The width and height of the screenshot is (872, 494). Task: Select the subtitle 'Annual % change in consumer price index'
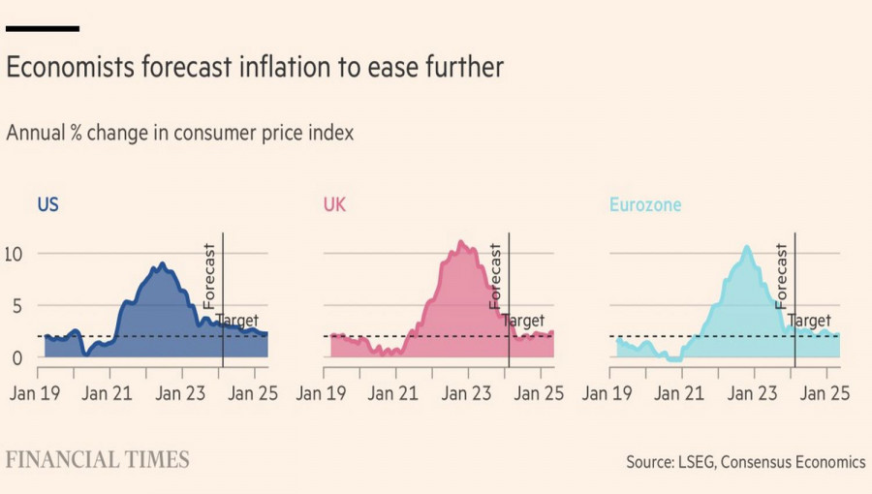click(x=180, y=134)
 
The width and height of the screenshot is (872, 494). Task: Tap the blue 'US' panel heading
click(x=47, y=204)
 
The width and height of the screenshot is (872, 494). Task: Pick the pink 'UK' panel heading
click(x=333, y=204)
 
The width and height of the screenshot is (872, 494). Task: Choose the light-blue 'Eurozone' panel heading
click(x=644, y=204)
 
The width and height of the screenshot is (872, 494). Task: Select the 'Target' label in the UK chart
click(x=523, y=321)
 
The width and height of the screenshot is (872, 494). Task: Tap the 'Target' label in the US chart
click(x=237, y=321)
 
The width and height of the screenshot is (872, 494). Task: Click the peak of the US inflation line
click(x=162, y=263)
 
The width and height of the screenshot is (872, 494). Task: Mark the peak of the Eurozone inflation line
click(x=747, y=247)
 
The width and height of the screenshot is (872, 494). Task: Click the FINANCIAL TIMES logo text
click(x=97, y=460)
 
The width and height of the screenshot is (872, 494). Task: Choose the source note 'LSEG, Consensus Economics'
click(x=769, y=463)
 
